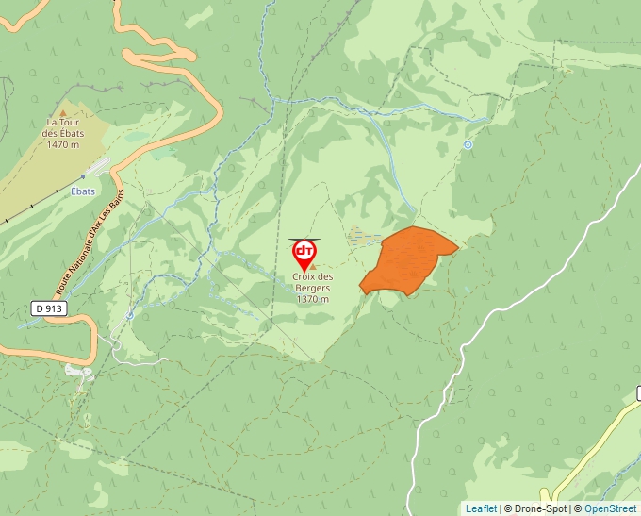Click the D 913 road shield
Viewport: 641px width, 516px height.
(48, 308)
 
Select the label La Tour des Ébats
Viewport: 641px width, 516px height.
(63, 127)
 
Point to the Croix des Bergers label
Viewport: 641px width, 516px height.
(312, 282)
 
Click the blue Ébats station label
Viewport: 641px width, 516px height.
(83, 191)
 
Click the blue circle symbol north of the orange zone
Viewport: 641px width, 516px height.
(468, 144)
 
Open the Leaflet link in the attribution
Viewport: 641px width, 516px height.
(481, 508)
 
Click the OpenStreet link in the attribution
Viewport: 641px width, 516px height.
(611, 508)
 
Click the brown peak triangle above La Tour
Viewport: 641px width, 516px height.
(63, 112)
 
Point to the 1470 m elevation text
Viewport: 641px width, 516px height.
(63, 144)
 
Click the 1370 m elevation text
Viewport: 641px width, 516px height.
(312, 299)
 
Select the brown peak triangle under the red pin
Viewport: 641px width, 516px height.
(304, 268)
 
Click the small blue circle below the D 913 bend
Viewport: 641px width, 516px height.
(129, 315)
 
